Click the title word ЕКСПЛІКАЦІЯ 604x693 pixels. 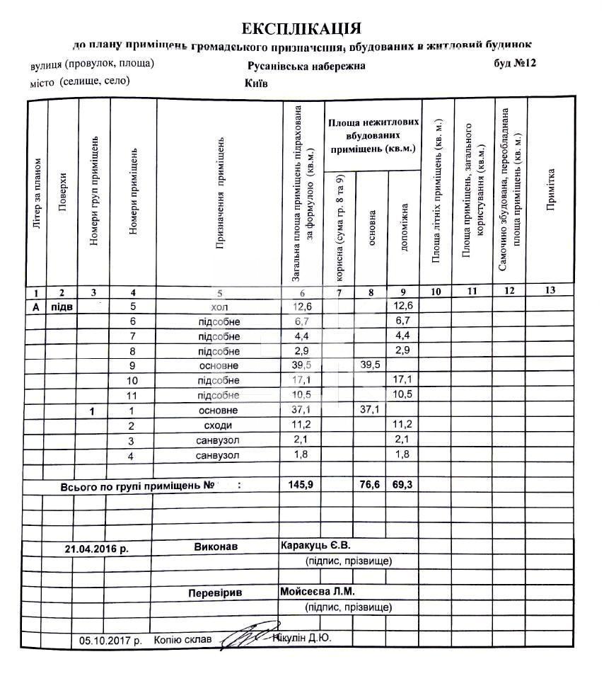coord(302,28)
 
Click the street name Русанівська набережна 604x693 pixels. coord(306,66)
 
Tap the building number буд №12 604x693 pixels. coord(516,64)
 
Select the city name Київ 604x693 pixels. coord(255,83)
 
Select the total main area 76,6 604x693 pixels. coord(371,486)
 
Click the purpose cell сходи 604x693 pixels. coord(219,425)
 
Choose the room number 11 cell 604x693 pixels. coord(132,395)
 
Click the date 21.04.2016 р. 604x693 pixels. coord(97,549)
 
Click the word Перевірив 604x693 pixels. coord(215,593)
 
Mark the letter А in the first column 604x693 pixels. coord(35,307)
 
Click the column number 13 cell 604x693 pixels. coord(550,292)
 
